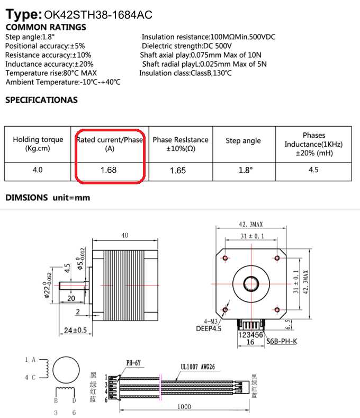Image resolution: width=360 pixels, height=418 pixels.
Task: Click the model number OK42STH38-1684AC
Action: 98,15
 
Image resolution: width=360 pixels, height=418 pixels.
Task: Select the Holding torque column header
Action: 38,144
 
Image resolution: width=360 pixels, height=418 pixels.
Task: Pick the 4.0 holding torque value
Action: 37,170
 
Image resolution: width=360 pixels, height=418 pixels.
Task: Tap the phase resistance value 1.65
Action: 180,171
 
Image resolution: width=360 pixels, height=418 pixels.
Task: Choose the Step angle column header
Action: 243,140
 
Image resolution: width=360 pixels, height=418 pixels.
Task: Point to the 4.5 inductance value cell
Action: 313,170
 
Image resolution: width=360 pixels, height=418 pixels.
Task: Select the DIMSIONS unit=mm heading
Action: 48,198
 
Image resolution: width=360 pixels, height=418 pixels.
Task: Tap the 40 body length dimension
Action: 124,236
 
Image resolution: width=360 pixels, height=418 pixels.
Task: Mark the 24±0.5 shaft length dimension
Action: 76,330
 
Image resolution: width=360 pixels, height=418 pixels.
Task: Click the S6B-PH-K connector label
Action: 282,341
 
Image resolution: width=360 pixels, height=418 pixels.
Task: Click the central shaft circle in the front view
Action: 250,283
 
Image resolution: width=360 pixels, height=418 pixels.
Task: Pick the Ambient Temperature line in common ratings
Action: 62,82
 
